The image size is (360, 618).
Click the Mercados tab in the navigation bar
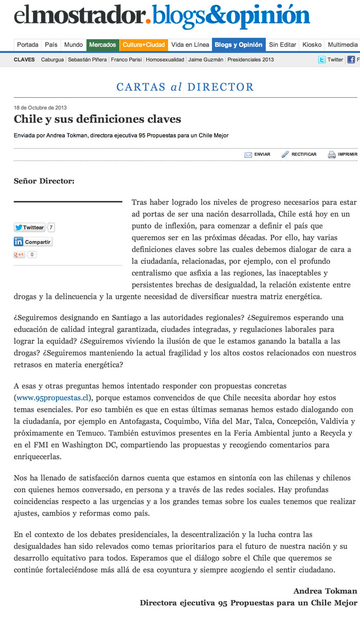pos(102,45)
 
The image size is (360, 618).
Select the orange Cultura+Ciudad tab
pos(143,45)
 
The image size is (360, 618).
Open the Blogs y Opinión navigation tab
pos(238,45)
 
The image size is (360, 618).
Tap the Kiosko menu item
pos(312,45)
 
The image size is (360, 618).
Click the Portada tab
pos(27,45)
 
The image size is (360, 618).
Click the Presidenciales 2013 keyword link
pos(250,60)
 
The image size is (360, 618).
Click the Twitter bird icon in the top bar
pos(321,60)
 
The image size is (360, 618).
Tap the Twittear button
pos(29,227)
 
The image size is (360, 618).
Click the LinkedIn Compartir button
pos(33,242)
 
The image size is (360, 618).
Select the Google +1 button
pos(19,255)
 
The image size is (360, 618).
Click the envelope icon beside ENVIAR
pos(248,154)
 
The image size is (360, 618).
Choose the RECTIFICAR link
pos(303,154)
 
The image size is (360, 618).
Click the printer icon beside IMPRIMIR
pos(332,154)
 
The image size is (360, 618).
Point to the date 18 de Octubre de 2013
pos(40,108)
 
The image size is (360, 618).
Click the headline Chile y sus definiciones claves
pos(97,120)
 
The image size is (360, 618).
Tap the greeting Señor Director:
pos(44,181)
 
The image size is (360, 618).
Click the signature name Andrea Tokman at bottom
pos(325,591)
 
